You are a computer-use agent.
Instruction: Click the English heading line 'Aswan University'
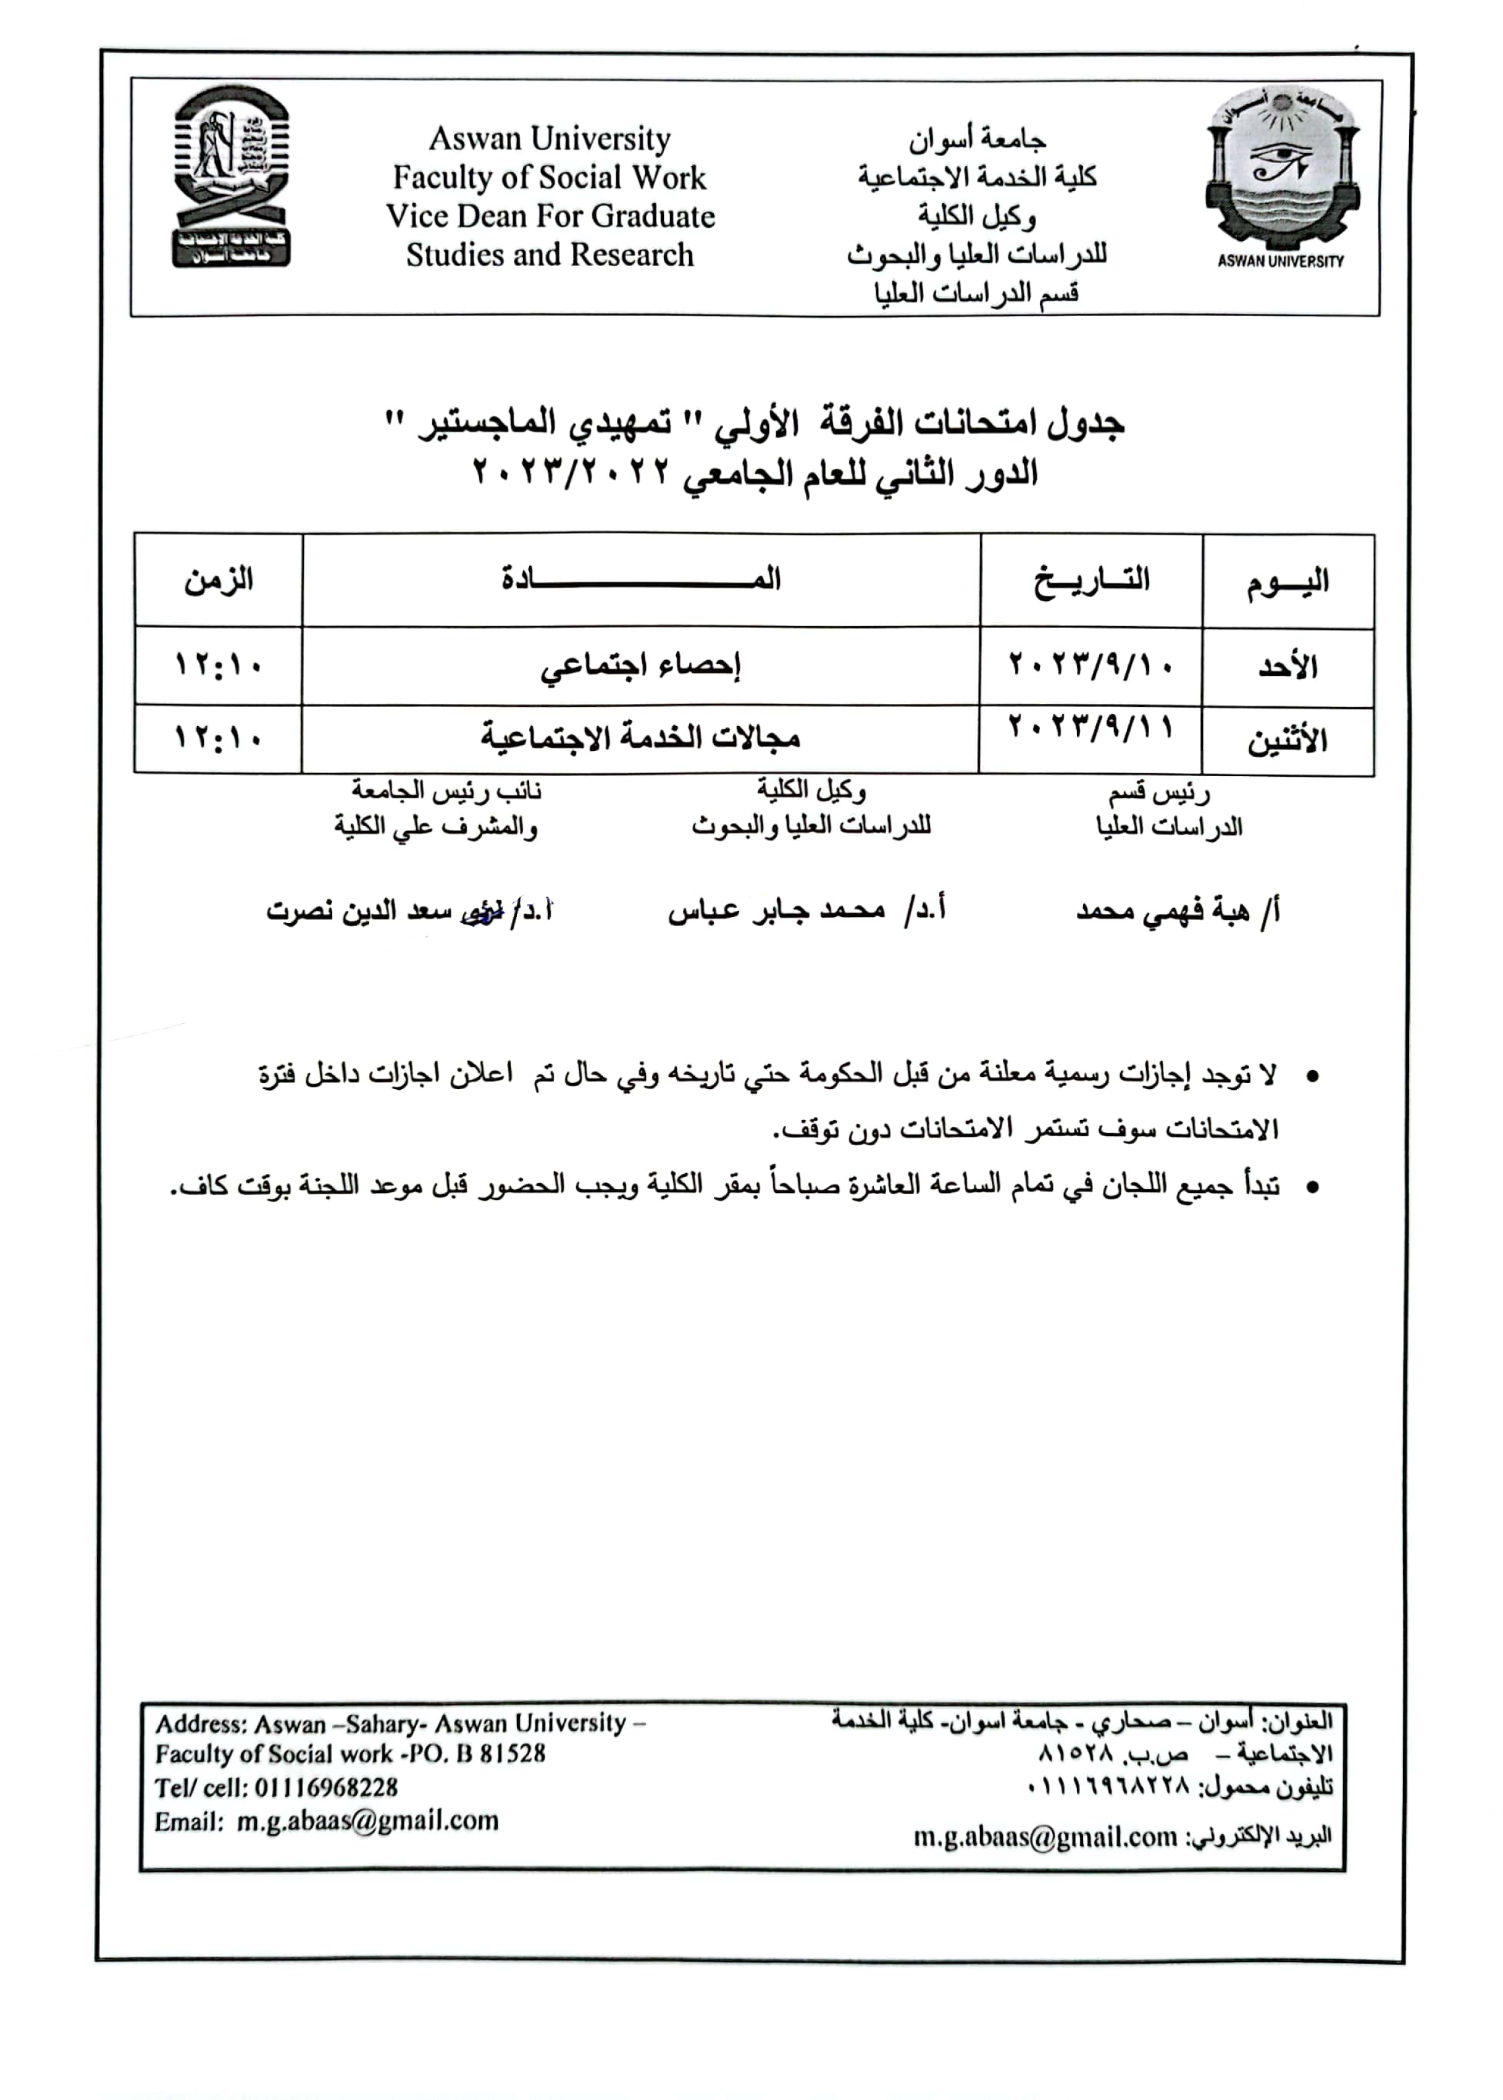point(549,140)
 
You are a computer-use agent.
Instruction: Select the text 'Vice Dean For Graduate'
point(550,217)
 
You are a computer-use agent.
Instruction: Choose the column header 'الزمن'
point(219,580)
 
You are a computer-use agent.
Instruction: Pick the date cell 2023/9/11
point(1091,727)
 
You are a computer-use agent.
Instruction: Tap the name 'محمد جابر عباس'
point(787,911)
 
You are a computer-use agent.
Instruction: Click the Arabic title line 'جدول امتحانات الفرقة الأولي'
point(754,423)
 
